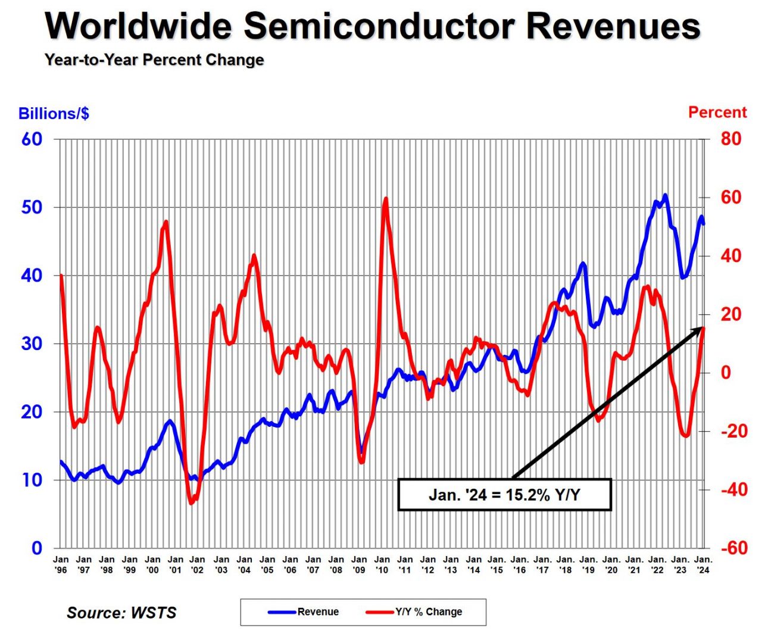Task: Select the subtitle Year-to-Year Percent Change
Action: [154, 60]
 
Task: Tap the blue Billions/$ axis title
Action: [54, 113]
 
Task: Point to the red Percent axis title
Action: [717, 112]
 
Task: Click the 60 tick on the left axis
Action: [32, 139]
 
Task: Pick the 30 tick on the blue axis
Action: [32, 344]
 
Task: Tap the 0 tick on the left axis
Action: [37, 548]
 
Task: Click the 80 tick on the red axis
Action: [731, 139]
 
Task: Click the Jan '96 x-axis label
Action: [61, 564]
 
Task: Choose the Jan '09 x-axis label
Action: [359, 564]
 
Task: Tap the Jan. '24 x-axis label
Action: [703, 564]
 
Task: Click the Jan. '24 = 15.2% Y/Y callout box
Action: [504, 495]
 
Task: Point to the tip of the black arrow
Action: [704, 327]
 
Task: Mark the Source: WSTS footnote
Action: [121, 613]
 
